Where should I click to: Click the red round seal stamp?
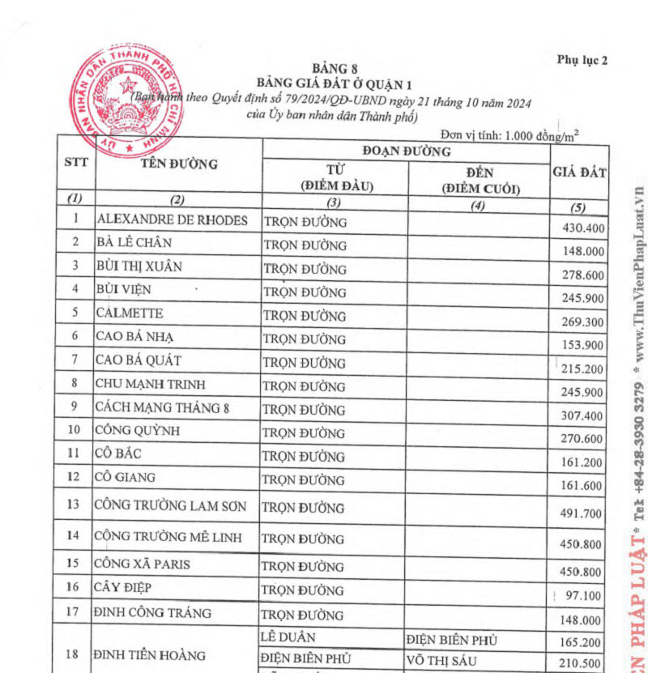[x=129, y=102]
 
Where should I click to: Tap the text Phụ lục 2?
[x=582, y=59]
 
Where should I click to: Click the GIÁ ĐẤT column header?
[x=579, y=172]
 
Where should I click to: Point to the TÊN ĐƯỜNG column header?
[x=179, y=164]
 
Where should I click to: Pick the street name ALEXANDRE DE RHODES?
[x=172, y=219]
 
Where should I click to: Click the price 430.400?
[x=583, y=228]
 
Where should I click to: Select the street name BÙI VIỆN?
[x=123, y=289]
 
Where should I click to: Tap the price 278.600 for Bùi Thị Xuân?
[x=583, y=275]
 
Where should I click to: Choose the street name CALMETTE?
[x=129, y=313]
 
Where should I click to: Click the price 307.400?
[x=583, y=415]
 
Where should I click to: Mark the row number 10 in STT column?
[x=75, y=429]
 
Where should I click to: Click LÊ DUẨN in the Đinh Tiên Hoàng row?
[x=288, y=638]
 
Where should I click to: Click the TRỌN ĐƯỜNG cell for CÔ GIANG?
[x=304, y=479]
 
